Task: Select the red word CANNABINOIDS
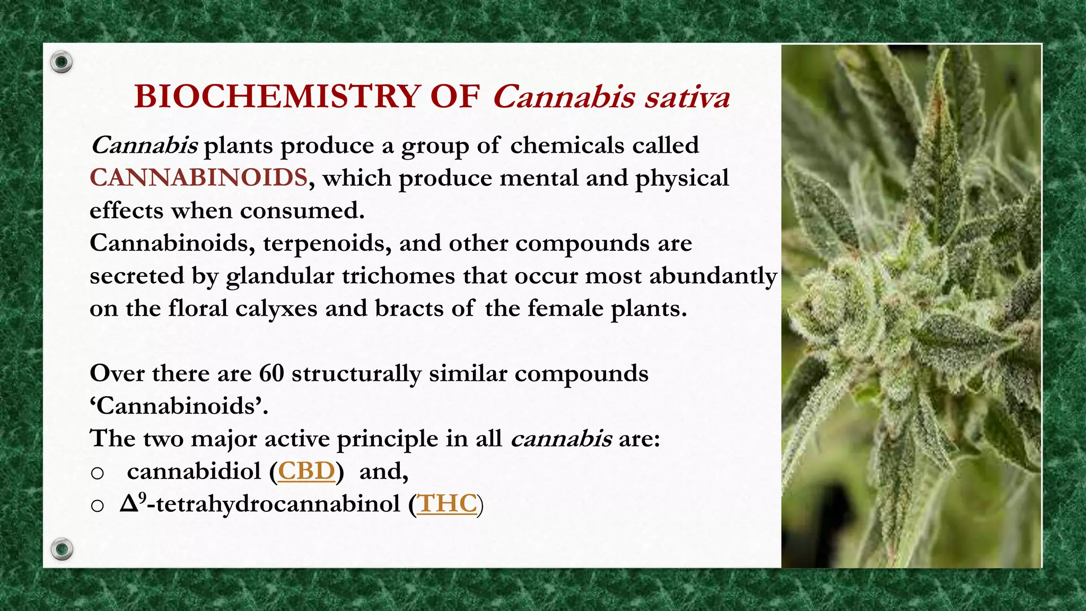198,178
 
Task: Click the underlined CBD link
306,471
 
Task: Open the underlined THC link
447,503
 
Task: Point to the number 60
271,373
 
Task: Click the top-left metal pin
62,63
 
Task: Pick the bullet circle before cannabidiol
97,473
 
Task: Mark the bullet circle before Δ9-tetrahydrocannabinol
97,505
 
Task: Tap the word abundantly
713,276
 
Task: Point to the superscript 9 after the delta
142,497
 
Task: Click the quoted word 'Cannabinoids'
179,406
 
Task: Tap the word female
565,309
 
